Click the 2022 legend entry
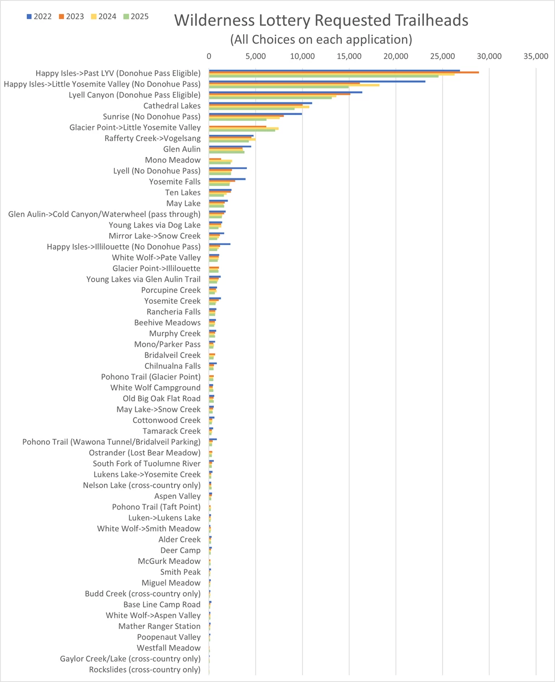pos(39,17)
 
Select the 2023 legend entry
pos(72,17)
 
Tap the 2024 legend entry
pos(104,17)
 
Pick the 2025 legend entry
pos(136,17)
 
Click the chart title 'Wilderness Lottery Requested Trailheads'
pos(321,20)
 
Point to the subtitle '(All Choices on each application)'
pos(321,39)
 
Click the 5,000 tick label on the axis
pos(255,56)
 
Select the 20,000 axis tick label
pos(396,56)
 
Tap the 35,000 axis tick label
pos(536,56)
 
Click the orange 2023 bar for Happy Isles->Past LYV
pos(344,72)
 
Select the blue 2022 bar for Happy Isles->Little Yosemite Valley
pos(317,81)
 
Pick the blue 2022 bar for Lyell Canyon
pos(286,92)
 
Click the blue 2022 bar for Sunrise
pos(255,114)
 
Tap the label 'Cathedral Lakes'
pos(172,106)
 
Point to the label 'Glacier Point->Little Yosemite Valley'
pos(135,127)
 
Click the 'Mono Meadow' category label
pos(172,160)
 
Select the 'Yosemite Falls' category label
pos(175,182)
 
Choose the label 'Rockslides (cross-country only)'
pos(145,669)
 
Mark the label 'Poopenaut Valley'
pos(169,637)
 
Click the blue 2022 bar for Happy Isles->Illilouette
pos(220,244)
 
